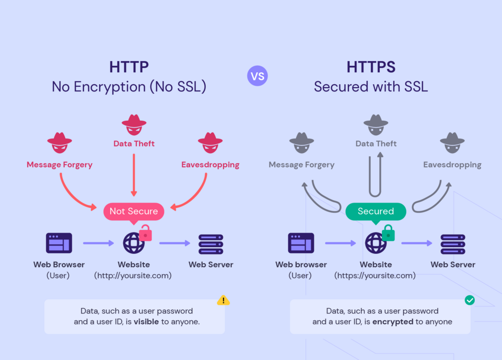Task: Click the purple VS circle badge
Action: pyautogui.click(x=257, y=76)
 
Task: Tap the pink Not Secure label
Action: pyautogui.click(x=134, y=211)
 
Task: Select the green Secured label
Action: pyautogui.click(x=376, y=211)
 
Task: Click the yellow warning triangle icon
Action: pyautogui.click(x=223, y=300)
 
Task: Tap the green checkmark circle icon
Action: pyautogui.click(x=470, y=300)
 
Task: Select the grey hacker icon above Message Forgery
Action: pyautogui.click(x=301, y=142)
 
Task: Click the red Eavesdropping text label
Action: pyautogui.click(x=210, y=165)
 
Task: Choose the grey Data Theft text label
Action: pyautogui.click(x=376, y=144)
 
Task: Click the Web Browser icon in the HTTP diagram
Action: pyautogui.click(x=59, y=243)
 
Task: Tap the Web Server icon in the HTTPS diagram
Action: pyautogui.click(x=452, y=243)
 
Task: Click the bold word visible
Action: pyautogui.click(x=146, y=322)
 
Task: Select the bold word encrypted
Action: pyautogui.click(x=393, y=322)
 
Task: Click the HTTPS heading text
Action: pyautogui.click(x=371, y=67)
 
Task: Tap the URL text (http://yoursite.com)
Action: pyautogui.click(x=133, y=275)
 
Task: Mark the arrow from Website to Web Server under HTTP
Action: pyautogui.click(x=175, y=243)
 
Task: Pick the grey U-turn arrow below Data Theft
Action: pyautogui.click(x=376, y=175)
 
